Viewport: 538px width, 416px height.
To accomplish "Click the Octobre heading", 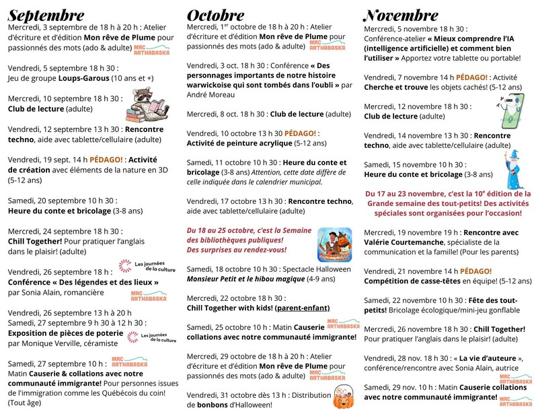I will (x=216, y=15).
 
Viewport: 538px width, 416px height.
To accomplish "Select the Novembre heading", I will (x=401, y=15).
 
